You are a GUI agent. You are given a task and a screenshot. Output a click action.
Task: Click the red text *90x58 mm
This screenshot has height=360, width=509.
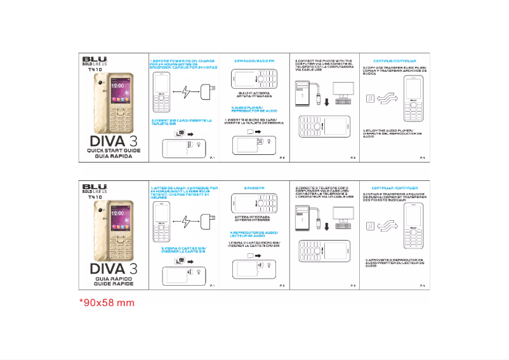107,303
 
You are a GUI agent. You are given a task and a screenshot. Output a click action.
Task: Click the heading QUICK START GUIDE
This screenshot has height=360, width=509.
114,150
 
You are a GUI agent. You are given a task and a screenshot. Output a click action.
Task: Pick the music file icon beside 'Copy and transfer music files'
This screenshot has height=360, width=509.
370,97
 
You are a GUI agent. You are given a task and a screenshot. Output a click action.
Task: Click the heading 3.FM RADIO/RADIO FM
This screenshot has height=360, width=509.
254,60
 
